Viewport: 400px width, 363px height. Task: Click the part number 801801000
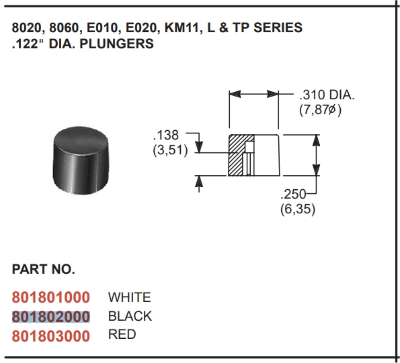click(51, 297)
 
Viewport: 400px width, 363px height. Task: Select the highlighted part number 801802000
click(51, 317)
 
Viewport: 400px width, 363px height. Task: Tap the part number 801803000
click(51, 336)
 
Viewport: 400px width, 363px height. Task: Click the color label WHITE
click(130, 297)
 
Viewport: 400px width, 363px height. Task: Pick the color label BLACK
click(130, 316)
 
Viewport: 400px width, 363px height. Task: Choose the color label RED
click(122, 335)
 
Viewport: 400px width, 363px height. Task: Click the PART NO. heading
click(44, 269)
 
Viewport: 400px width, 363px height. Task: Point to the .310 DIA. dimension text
click(327, 95)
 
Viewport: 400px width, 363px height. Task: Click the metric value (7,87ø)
click(320, 110)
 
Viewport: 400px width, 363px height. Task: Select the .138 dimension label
click(166, 135)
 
